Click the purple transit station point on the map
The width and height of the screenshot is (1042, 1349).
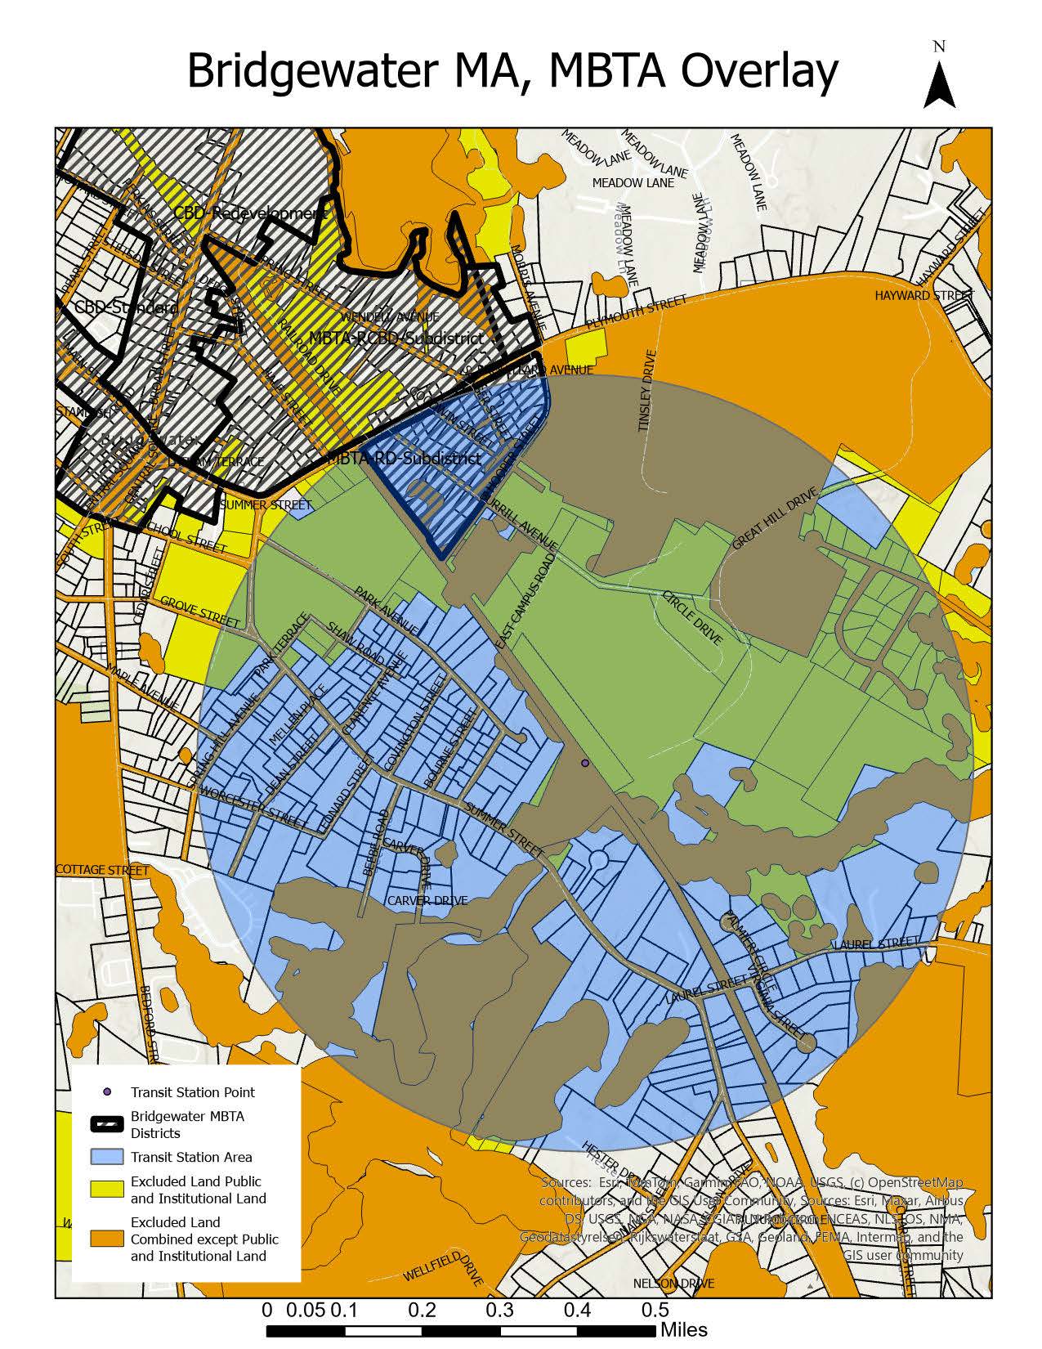(x=584, y=763)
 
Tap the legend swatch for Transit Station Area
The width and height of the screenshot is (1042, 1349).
(x=106, y=1157)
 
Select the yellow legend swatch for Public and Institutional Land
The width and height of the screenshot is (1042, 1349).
(x=106, y=1190)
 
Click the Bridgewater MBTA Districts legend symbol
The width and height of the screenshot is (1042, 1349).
(x=106, y=1124)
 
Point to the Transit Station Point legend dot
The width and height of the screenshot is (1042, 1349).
(x=106, y=1092)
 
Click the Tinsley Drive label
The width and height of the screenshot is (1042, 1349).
(x=649, y=391)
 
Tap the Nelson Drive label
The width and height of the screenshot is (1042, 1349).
(x=673, y=1283)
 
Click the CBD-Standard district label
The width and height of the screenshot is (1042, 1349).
(x=125, y=308)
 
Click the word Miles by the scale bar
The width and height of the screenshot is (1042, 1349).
(x=684, y=1329)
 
